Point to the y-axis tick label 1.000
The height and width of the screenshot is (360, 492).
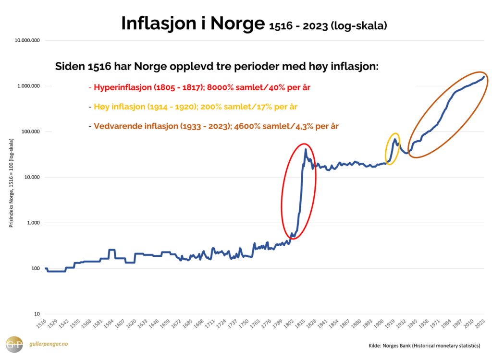(32, 223)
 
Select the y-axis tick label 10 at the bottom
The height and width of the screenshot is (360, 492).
(37, 314)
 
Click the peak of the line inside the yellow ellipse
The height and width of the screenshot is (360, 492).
(394, 139)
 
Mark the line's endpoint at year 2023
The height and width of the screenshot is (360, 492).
(483, 76)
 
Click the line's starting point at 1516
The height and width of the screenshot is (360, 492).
(46, 268)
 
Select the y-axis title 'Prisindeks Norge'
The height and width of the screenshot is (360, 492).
(11, 183)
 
